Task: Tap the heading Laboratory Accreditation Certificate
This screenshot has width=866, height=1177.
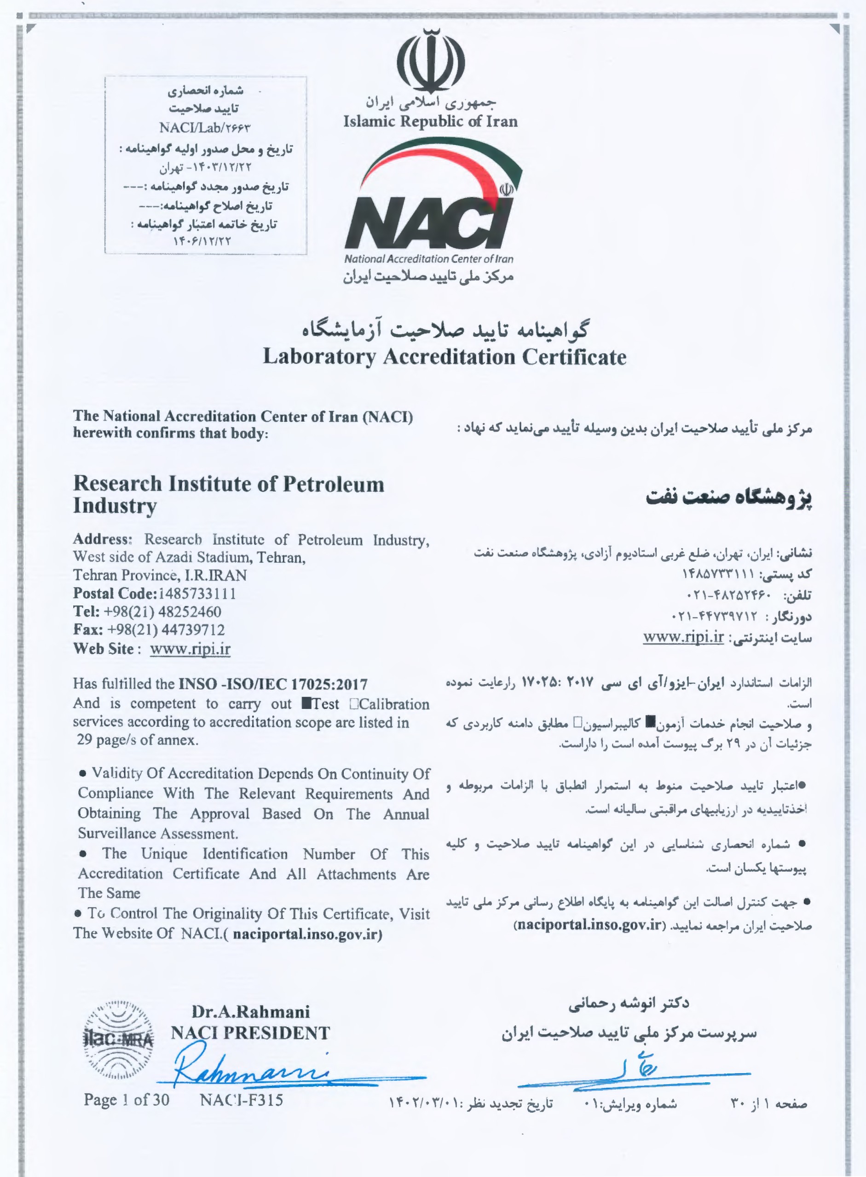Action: (x=445, y=357)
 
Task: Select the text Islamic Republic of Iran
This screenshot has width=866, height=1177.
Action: (x=430, y=121)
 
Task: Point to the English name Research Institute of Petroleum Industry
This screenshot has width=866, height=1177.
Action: (x=229, y=494)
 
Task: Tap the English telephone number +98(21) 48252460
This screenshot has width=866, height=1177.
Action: (x=162, y=612)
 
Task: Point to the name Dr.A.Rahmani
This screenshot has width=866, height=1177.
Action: (x=251, y=1011)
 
